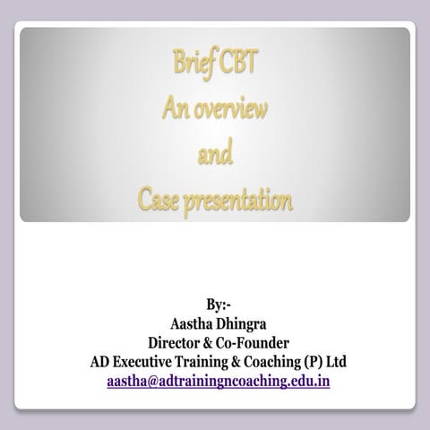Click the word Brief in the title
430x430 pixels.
coord(192,68)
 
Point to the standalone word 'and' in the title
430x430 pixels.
coord(215,156)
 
